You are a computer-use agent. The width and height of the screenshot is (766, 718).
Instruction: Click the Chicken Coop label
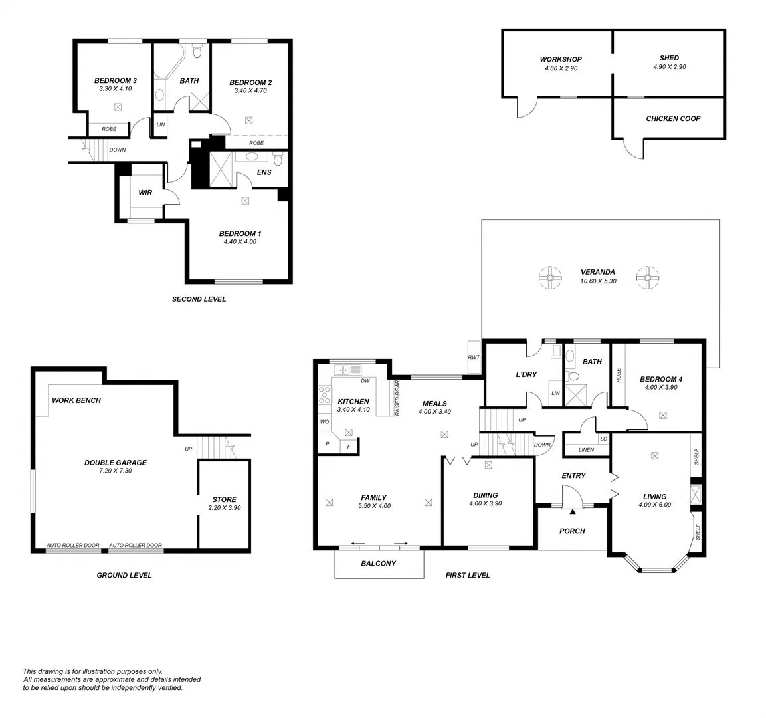pyautogui.click(x=673, y=119)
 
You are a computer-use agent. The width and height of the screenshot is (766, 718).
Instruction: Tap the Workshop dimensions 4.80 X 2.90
pyautogui.click(x=561, y=68)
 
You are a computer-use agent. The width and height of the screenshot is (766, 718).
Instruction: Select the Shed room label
pyautogui.click(x=669, y=58)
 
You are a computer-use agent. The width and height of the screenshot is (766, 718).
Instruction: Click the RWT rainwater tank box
pyautogui.click(x=474, y=357)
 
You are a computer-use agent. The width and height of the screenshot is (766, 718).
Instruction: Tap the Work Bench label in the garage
pyautogui.click(x=76, y=400)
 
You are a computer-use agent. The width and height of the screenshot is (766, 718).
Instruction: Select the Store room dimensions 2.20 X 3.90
pyautogui.click(x=224, y=508)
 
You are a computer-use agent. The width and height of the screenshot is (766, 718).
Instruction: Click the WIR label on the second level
pyautogui.click(x=145, y=193)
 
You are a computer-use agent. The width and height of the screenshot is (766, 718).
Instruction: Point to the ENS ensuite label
pyautogui.click(x=264, y=172)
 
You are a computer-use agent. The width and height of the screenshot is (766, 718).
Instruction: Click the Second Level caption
pyautogui.click(x=199, y=299)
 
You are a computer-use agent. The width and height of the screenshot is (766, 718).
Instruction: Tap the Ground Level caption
pyautogui.click(x=124, y=575)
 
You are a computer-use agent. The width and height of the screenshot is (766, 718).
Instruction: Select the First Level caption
pyautogui.click(x=468, y=575)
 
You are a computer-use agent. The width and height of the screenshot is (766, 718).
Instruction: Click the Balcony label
pyautogui.click(x=378, y=564)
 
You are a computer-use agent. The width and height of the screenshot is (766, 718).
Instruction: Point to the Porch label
pyautogui.click(x=572, y=531)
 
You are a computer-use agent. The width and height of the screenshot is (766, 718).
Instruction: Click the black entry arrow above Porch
pyautogui.click(x=572, y=511)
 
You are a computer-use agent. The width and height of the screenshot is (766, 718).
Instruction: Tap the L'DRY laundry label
pyautogui.click(x=526, y=374)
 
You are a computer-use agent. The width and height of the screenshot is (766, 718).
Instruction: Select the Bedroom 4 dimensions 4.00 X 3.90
pyautogui.click(x=661, y=387)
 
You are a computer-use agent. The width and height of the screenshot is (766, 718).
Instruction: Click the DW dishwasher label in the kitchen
pyautogui.click(x=365, y=381)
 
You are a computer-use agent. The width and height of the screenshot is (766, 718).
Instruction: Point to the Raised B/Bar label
pyautogui.click(x=397, y=398)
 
